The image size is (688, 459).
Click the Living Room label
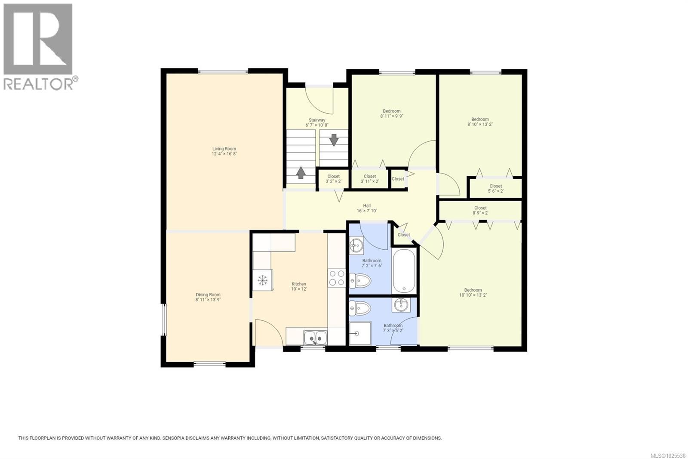tap(224, 149)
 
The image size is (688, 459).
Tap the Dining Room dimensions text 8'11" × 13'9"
tap(208, 300)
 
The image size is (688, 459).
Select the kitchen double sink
tap(315, 337)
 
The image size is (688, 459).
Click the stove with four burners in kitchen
tap(336, 278)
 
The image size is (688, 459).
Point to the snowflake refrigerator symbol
tap(262, 280)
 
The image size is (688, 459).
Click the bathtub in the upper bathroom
tap(404, 271)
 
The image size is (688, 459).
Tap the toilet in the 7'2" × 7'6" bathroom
tap(360, 281)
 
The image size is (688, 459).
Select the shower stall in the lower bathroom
tap(360, 333)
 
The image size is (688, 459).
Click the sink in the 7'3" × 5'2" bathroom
tap(401, 304)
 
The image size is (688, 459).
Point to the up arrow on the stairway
tap(301, 173)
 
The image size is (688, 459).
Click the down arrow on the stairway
tap(334, 140)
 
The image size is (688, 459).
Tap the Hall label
tap(366, 206)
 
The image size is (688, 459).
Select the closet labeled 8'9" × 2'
tap(480, 210)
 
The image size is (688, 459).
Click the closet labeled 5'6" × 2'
tap(495, 188)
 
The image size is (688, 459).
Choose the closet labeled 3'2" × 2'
tap(333, 179)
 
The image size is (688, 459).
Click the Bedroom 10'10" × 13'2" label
tap(473, 290)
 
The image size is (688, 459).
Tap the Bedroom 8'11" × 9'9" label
tap(391, 111)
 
